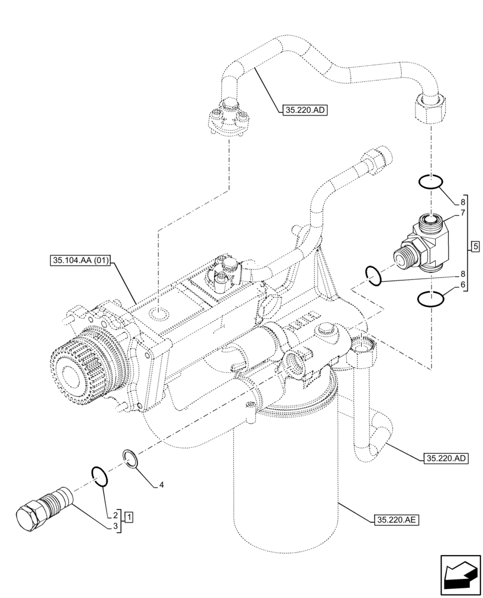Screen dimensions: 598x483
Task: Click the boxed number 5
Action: coord(475,246)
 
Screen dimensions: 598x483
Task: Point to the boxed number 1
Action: coord(129,515)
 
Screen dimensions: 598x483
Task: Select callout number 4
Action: coord(161,486)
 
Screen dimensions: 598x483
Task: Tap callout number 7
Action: coord(463,213)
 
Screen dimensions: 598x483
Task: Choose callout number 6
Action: coord(463,287)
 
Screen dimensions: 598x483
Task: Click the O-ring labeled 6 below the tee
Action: coord(430,299)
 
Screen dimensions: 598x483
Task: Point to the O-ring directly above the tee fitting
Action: coord(430,181)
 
